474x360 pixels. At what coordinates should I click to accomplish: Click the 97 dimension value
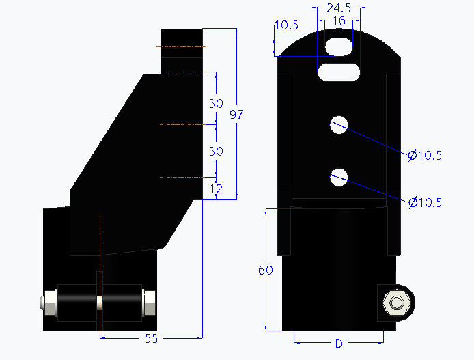click(236, 115)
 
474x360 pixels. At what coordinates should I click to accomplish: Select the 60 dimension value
click(266, 271)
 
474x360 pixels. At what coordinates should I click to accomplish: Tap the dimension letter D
click(338, 343)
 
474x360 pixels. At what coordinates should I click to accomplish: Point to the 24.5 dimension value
click(339, 8)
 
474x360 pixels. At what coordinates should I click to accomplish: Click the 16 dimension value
click(338, 21)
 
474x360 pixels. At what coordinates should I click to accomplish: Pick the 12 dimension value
click(217, 189)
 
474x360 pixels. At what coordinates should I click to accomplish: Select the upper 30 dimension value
click(217, 104)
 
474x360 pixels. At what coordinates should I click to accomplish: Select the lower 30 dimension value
click(217, 151)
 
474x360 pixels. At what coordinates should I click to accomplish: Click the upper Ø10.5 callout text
click(425, 156)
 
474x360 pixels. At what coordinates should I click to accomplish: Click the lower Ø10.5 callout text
click(425, 202)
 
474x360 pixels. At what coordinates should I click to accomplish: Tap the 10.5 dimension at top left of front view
click(286, 26)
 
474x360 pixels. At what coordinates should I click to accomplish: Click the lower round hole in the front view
click(339, 178)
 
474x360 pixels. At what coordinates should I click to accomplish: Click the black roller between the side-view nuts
click(99, 301)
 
